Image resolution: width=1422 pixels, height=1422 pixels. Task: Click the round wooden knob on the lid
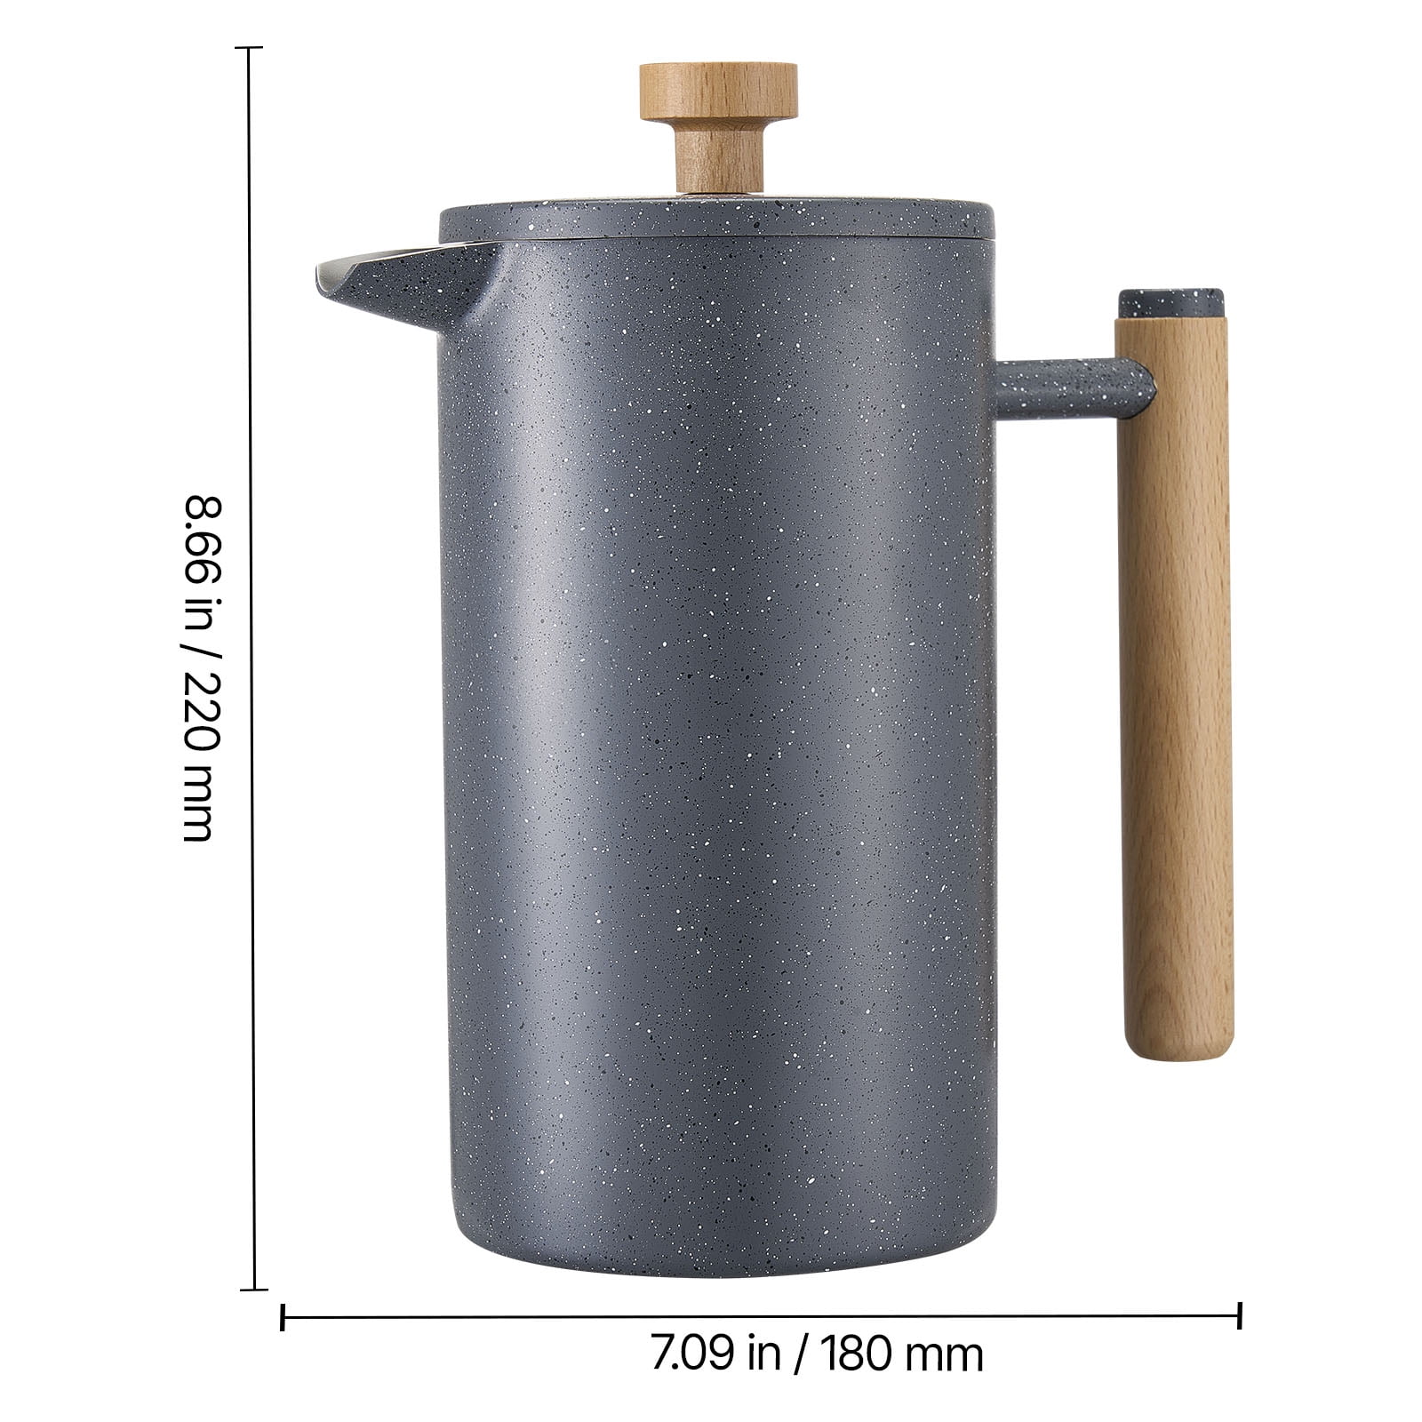point(718,92)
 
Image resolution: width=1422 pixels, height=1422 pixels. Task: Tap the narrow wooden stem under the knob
point(719,156)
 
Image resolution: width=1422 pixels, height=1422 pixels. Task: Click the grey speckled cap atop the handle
point(1170,303)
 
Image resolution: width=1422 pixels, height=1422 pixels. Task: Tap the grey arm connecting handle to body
point(1071,388)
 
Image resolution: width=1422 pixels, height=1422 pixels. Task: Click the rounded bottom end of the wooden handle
point(1180,1049)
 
